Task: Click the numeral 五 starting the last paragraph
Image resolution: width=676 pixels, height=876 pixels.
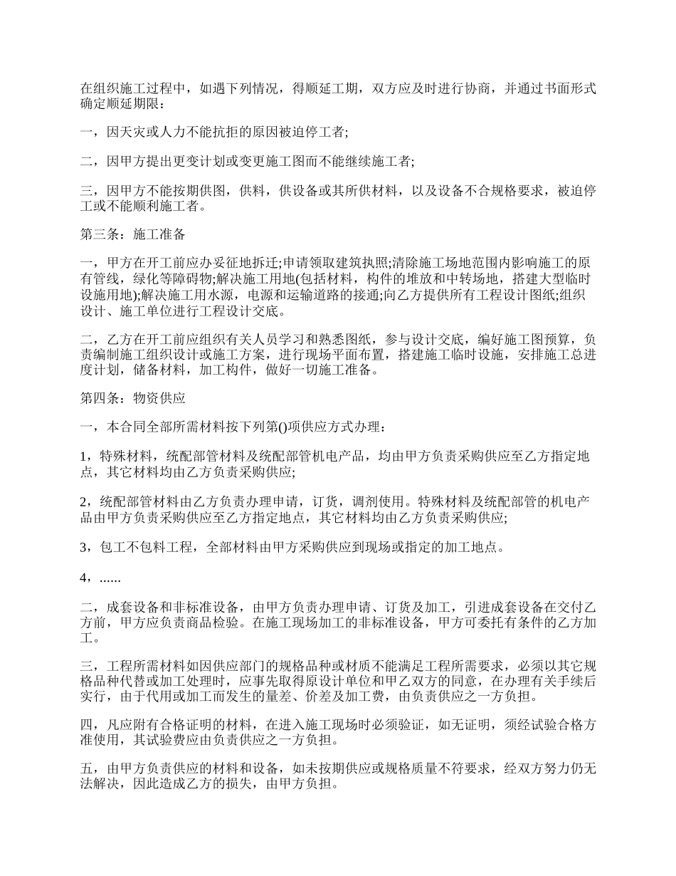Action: click(85, 769)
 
